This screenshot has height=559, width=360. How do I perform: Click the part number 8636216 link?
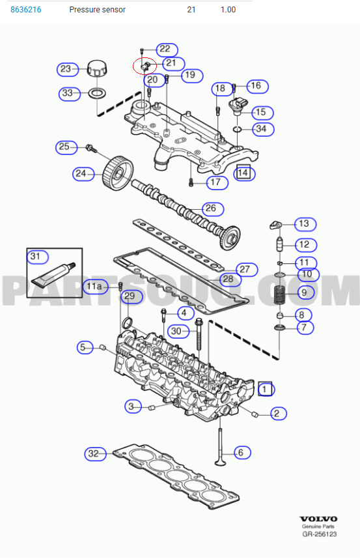(26, 10)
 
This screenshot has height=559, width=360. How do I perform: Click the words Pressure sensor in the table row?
(97, 10)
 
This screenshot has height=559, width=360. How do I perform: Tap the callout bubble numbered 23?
(66, 68)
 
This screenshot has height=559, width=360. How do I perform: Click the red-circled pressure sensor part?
(144, 66)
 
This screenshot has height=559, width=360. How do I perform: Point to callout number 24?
(81, 173)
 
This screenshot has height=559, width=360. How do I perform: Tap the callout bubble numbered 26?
(210, 209)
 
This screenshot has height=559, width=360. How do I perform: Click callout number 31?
(35, 256)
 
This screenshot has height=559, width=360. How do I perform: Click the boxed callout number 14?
(243, 173)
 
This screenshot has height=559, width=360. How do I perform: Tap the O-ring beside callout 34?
(238, 130)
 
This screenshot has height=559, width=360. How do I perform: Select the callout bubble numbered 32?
(94, 453)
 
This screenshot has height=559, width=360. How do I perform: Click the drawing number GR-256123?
(318, 534)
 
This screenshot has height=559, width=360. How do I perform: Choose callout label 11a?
(95, 286)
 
